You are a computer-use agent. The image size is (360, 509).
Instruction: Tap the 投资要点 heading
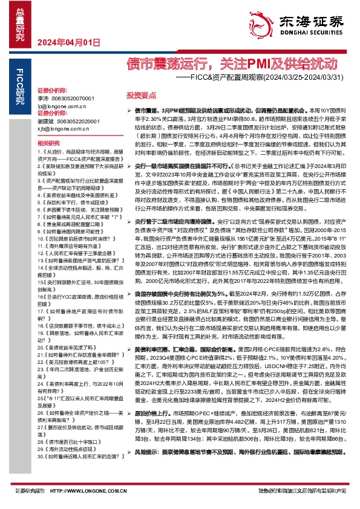point(141,95)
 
